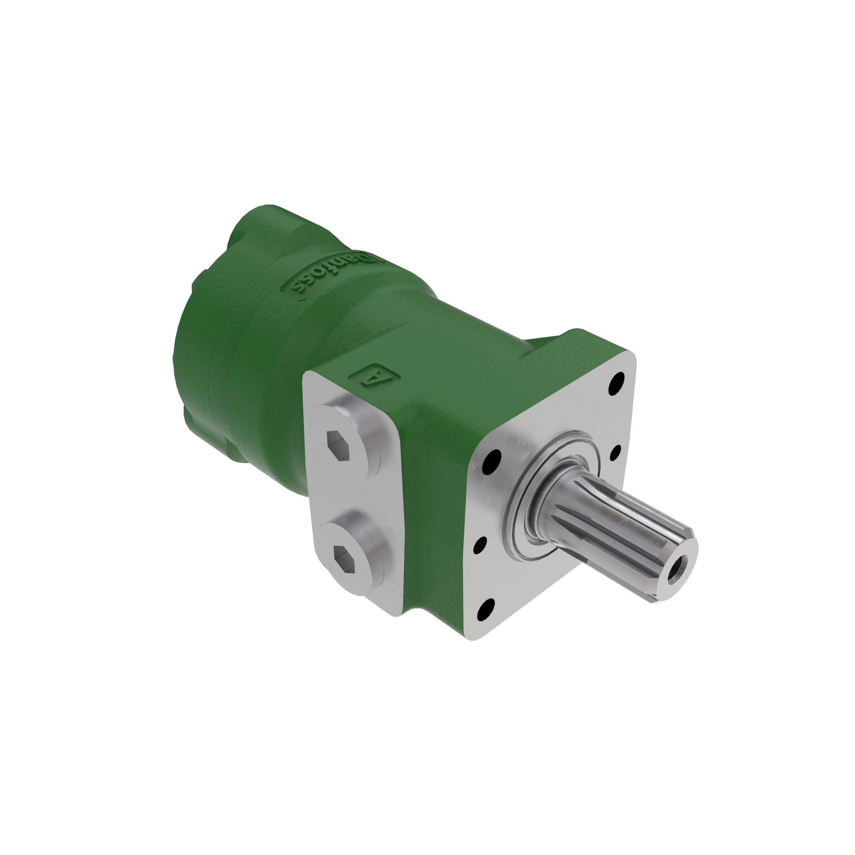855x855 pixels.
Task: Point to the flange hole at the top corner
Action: pos(616,384)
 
